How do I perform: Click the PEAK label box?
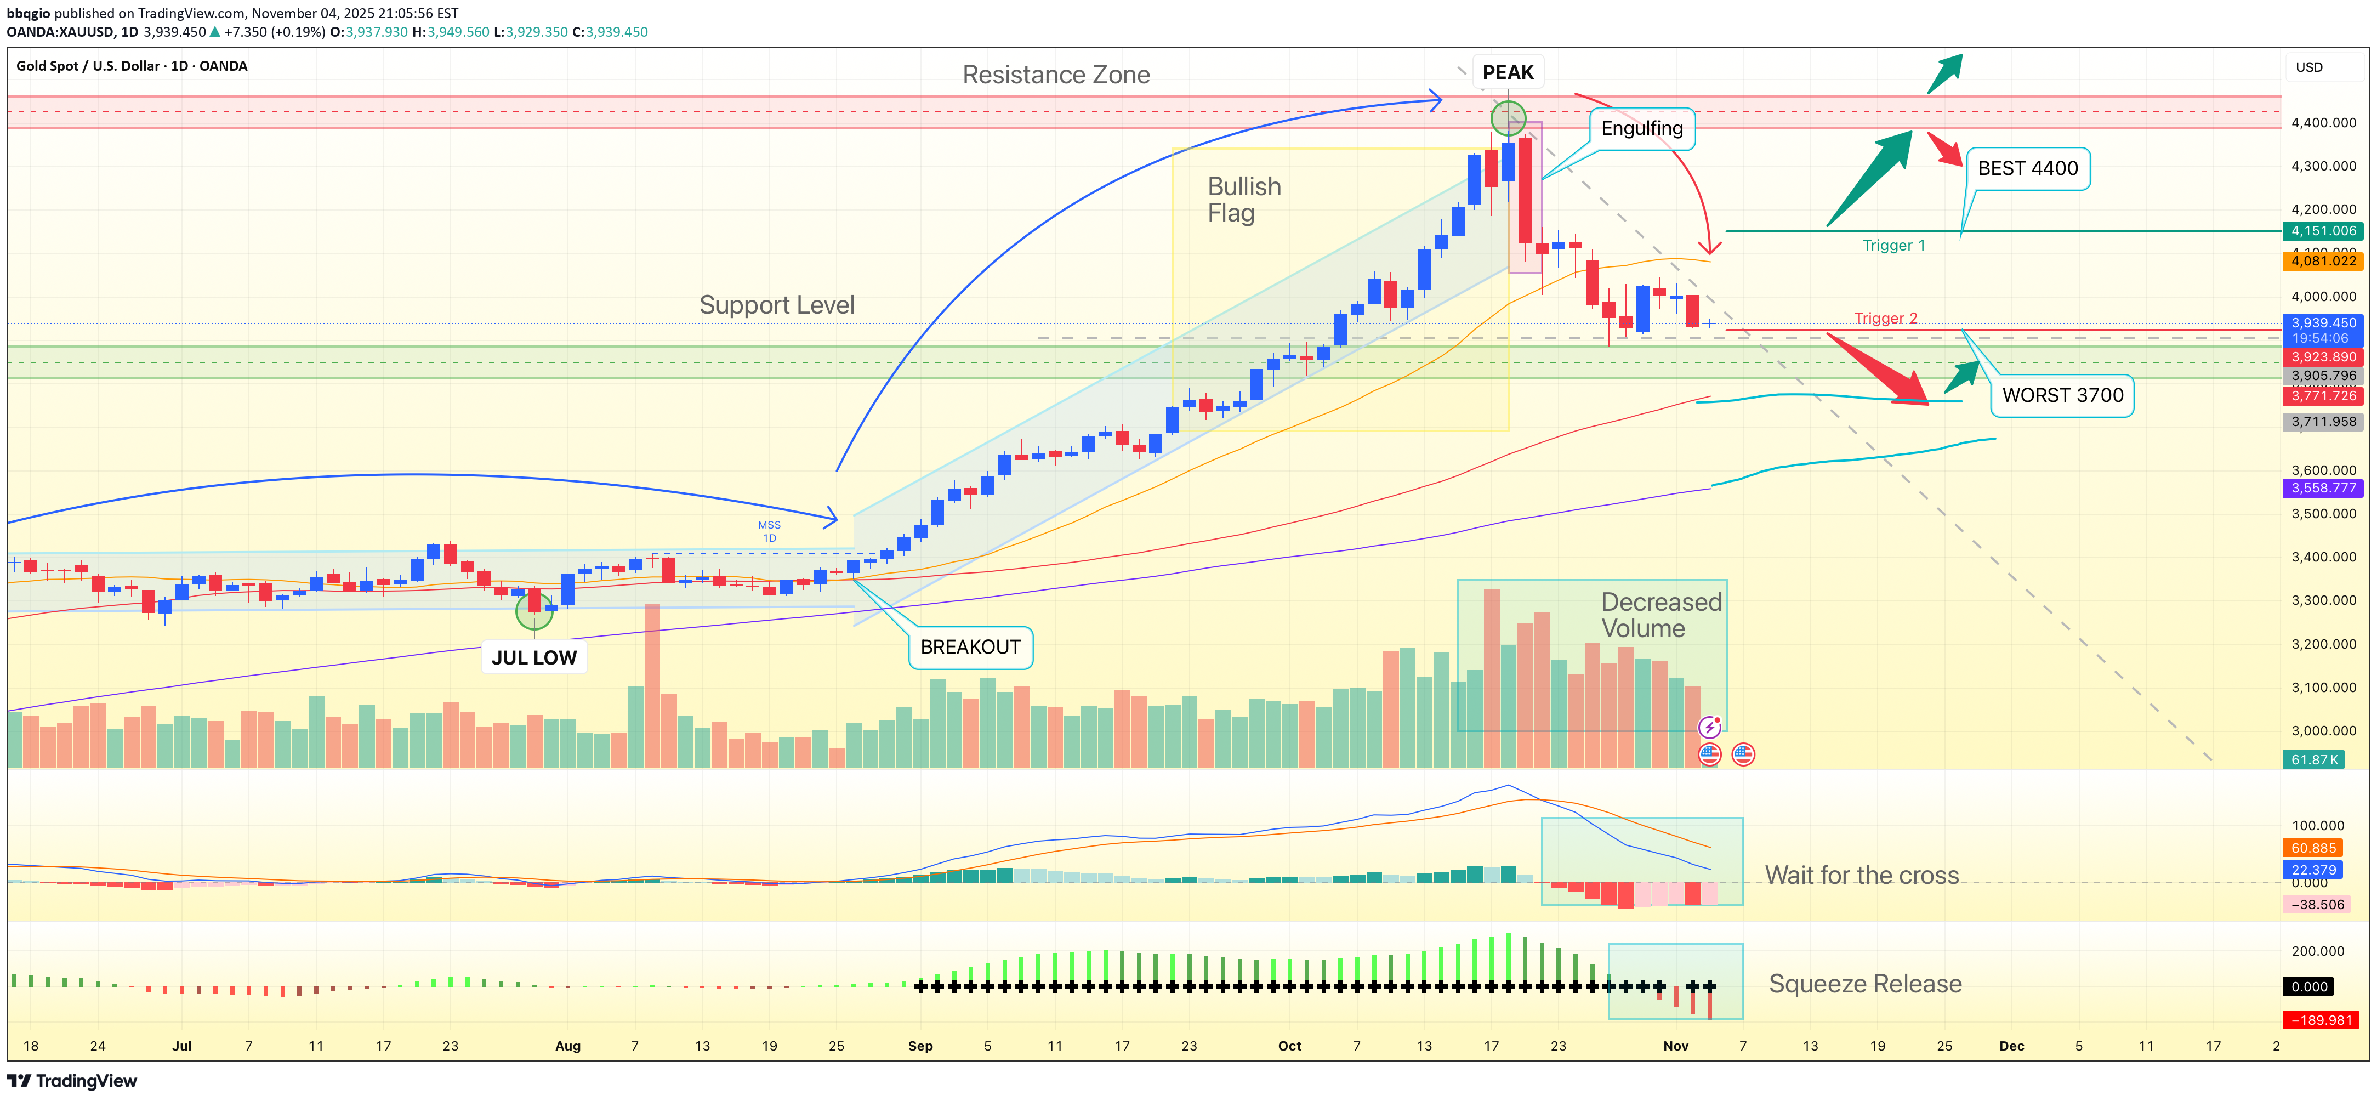[x=1507, y=72]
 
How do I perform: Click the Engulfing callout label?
[x=1641, y=128]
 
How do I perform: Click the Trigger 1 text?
[x=1893, y=246]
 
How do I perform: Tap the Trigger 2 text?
[x=1885, y=319]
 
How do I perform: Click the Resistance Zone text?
[x=1056, y=75]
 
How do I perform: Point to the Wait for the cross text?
[x=1861, y=875]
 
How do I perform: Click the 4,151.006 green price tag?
[x=2323, y=231]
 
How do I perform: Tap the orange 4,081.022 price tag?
[x=2323, y=261]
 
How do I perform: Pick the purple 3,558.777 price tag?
[x=2323, y=488]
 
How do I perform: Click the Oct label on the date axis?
[x=1289, y=1046]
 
